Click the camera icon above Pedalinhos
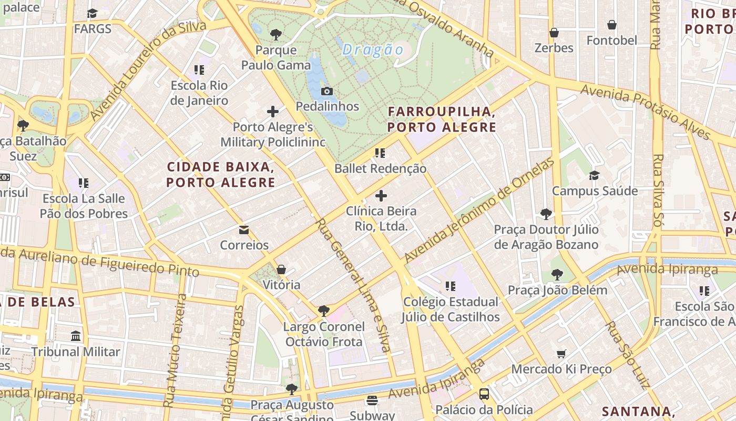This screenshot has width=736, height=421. pos(326,91)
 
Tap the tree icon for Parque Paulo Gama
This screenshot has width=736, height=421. pos(276,35)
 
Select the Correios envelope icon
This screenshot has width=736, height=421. pos(244,229)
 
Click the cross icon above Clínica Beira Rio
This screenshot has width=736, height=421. pos(381,196)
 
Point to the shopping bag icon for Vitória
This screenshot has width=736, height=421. pos(281,269)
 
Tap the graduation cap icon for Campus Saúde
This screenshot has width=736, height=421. pos(595,175)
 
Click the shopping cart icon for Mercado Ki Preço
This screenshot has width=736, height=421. pos(561,354)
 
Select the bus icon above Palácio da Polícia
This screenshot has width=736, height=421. pos(484,394)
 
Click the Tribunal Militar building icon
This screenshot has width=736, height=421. pos(76,336)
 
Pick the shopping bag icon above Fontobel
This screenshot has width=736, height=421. pos(612,25)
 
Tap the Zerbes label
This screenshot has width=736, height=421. pos(554,48)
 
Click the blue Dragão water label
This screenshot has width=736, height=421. pos(373,50)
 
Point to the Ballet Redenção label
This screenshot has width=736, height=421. pos(380,169)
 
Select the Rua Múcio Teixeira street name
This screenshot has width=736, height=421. pos(176,350)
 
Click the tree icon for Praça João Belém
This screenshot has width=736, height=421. pos(557,275)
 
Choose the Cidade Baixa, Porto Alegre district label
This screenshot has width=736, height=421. pos(221,175)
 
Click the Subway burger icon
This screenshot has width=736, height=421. pos(372,400)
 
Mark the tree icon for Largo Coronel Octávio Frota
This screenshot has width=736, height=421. pos(324,311)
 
